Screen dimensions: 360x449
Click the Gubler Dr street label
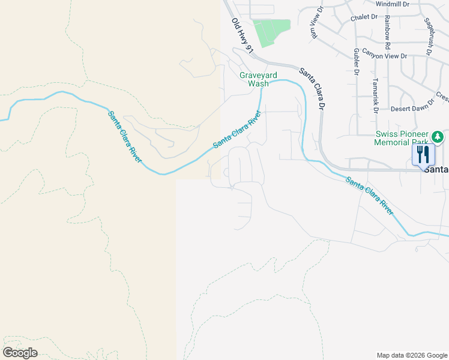point(357,63)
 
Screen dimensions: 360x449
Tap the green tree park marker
point(438,137)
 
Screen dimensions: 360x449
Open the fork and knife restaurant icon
point(424,154)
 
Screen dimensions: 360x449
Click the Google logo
point(20,353)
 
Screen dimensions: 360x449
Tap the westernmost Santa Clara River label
point(125,136)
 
